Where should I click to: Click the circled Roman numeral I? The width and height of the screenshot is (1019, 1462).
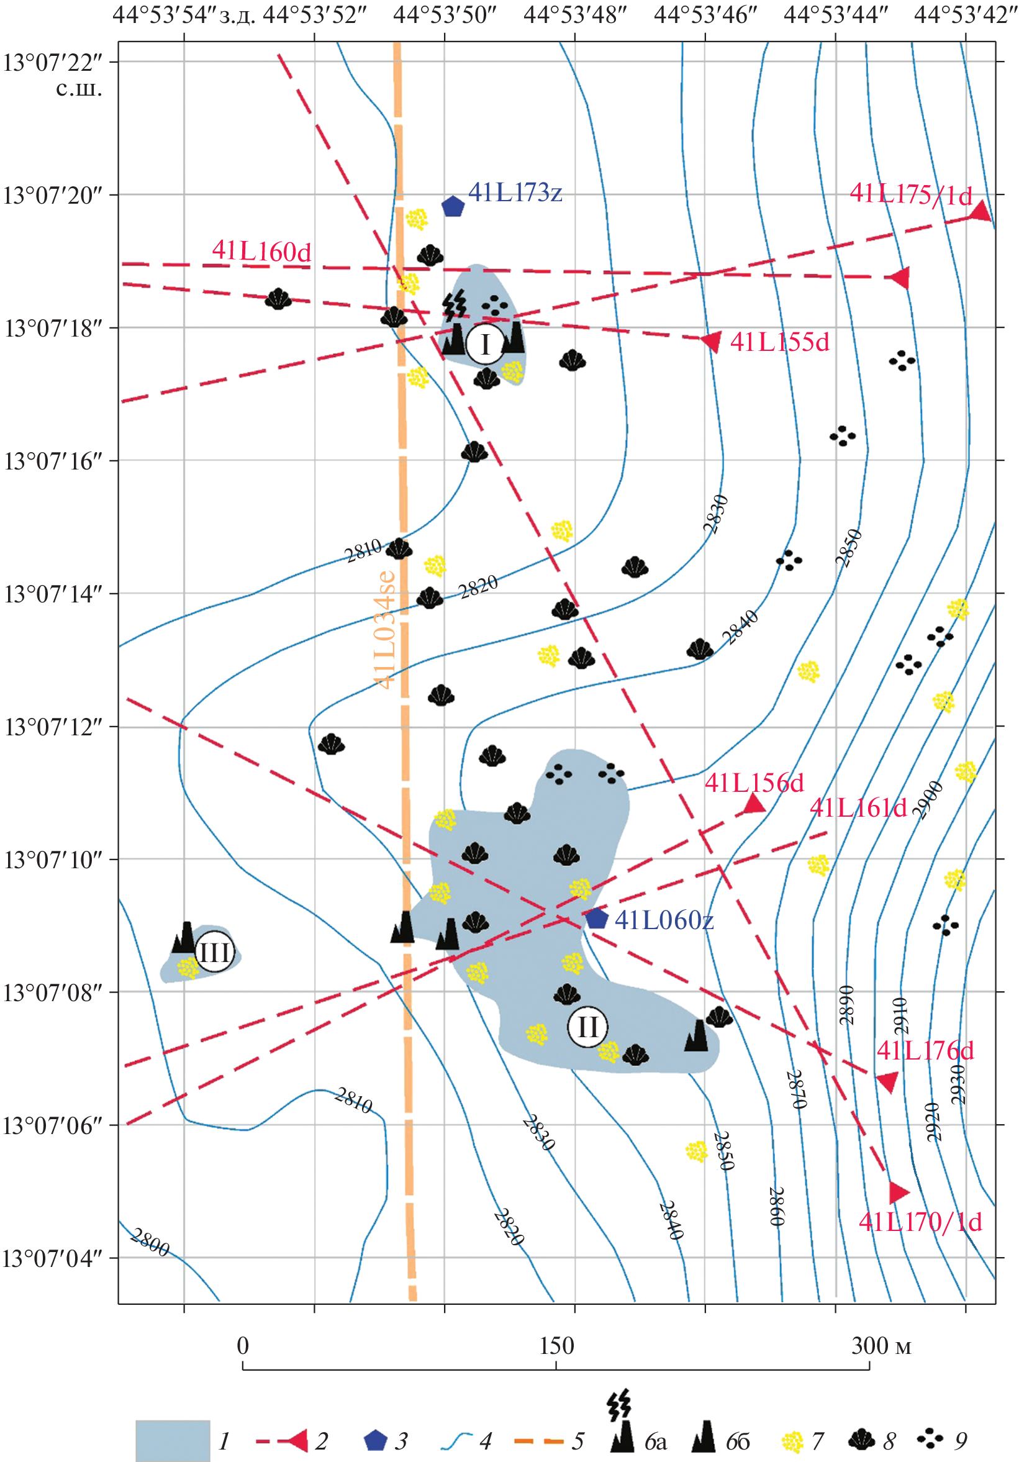click(486, 344)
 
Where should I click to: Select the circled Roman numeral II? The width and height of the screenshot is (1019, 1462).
click(587, 1027)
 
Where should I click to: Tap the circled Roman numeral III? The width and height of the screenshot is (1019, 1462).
click(214, 952)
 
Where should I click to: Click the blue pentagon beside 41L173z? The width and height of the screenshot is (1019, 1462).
click(453, 206)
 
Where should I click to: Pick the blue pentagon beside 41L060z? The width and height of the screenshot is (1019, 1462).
click(596, 918)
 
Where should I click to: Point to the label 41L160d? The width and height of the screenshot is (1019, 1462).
click(261, 252)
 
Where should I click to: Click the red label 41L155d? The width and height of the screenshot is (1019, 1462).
click(780, 342)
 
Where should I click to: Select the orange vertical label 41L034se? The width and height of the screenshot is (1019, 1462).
click(385, 629)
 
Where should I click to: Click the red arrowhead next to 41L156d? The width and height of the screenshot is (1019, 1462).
click(754, 804)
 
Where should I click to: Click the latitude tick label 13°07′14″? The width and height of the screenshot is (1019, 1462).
click(53, 594)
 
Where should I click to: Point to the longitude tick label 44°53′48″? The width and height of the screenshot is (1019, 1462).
click(576, 15)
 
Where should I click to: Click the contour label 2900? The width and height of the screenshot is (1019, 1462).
click(927, 799)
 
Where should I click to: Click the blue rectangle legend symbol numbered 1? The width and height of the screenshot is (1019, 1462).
click(173, 1440)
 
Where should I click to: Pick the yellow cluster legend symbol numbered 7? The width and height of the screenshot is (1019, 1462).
click(792, 1442)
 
